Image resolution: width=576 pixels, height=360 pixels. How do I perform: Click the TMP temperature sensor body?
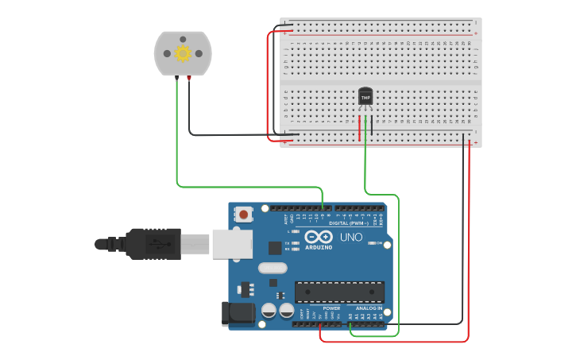point(365,96)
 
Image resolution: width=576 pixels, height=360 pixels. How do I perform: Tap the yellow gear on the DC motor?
point(183,53)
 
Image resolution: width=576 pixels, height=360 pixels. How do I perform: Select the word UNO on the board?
point(351,237)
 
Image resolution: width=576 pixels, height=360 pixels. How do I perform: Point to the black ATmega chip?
point(339,292)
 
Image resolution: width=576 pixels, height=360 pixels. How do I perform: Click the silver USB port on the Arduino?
point(231,244)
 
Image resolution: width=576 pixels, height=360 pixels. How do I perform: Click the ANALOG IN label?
point(369,308)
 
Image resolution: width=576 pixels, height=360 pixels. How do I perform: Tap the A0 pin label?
point(350,315)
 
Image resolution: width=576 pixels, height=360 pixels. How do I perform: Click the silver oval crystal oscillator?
point(272,269)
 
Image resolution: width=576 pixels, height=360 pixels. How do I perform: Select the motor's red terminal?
point(189,78)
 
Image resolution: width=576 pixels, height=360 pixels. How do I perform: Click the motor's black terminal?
point(176,78)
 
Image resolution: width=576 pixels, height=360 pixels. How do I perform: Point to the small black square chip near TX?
point(275,247)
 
